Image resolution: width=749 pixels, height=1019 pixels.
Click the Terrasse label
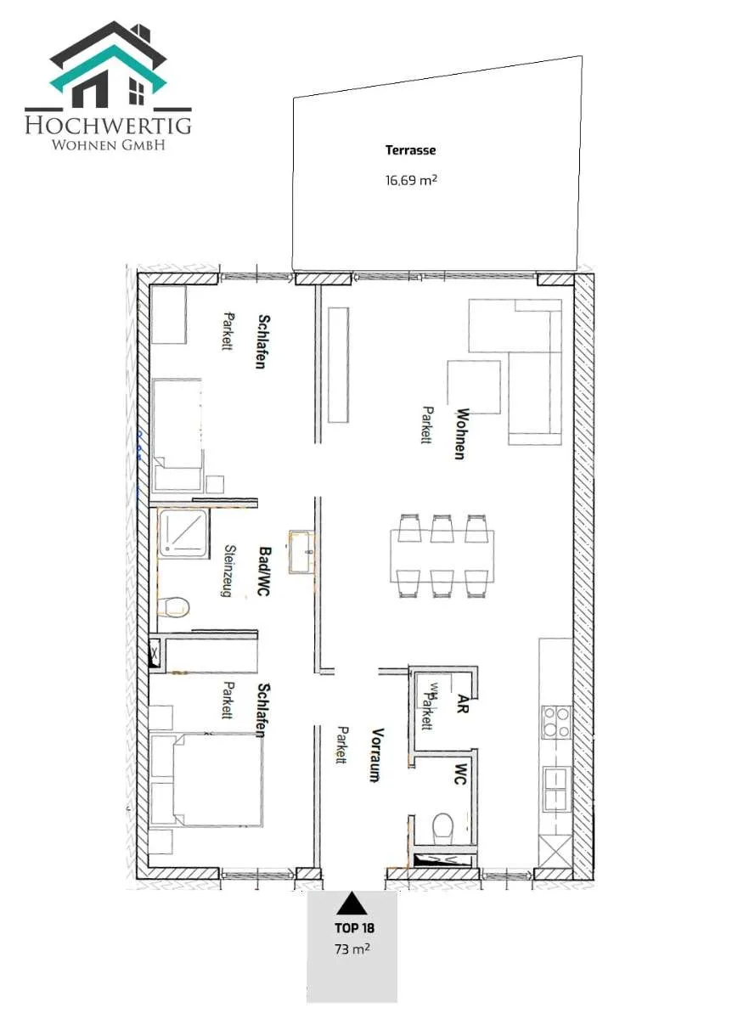(410, 150)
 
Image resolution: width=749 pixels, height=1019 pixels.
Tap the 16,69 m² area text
(411, 180)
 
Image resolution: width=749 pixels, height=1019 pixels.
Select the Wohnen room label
(462, 434)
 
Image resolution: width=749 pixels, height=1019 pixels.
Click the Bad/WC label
(264, 571)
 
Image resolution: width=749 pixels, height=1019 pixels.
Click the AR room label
(463, 703)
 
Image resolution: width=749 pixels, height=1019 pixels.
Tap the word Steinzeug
(230, 571)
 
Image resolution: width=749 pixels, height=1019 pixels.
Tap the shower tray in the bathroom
(183, 533)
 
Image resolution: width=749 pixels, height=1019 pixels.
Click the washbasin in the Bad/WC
(301, 551)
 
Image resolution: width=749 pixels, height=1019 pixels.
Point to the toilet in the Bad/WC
(173, 607)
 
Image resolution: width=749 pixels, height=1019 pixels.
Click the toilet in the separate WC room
(442, 827)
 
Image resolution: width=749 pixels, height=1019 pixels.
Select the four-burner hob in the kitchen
(556, 723)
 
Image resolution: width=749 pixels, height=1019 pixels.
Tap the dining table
(442, 556)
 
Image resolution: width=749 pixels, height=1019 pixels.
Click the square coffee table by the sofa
(474, 387)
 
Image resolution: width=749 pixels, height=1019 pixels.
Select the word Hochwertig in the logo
(109, 125)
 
